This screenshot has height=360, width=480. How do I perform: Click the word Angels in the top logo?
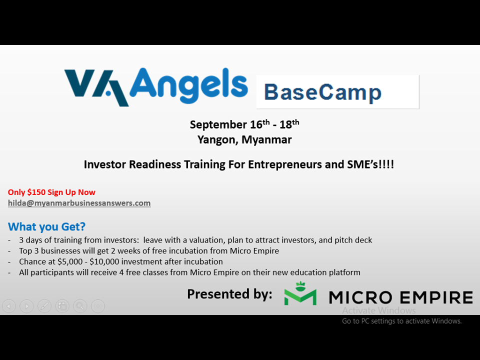point(189,84)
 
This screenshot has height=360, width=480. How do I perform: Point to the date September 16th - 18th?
point(244,124)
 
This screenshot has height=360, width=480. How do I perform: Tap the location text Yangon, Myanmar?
point(244,139)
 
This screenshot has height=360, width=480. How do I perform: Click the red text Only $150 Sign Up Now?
point(51,192)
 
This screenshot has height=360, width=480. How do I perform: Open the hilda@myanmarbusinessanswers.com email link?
point(79,203)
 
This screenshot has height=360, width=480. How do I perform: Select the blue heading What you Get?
point(46,226)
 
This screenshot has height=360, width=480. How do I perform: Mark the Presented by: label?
point(229,294)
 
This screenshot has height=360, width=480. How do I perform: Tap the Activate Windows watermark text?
point(378,310)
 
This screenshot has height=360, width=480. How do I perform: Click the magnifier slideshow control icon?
point(80,305)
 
